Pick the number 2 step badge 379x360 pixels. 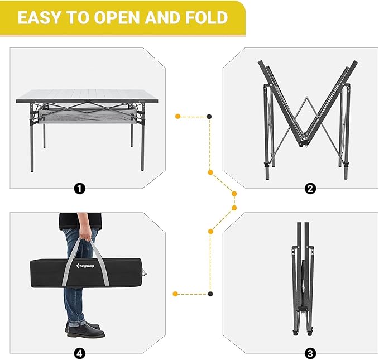[310, 189]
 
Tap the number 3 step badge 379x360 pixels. [310, 353]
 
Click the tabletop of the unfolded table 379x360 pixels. [87, 96]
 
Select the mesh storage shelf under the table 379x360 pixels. [84, 117]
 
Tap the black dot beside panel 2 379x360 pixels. [209, 116]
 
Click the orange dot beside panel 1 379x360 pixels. [177, 116]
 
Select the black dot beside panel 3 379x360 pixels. [210, 293]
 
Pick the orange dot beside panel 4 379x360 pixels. [176, 293]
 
